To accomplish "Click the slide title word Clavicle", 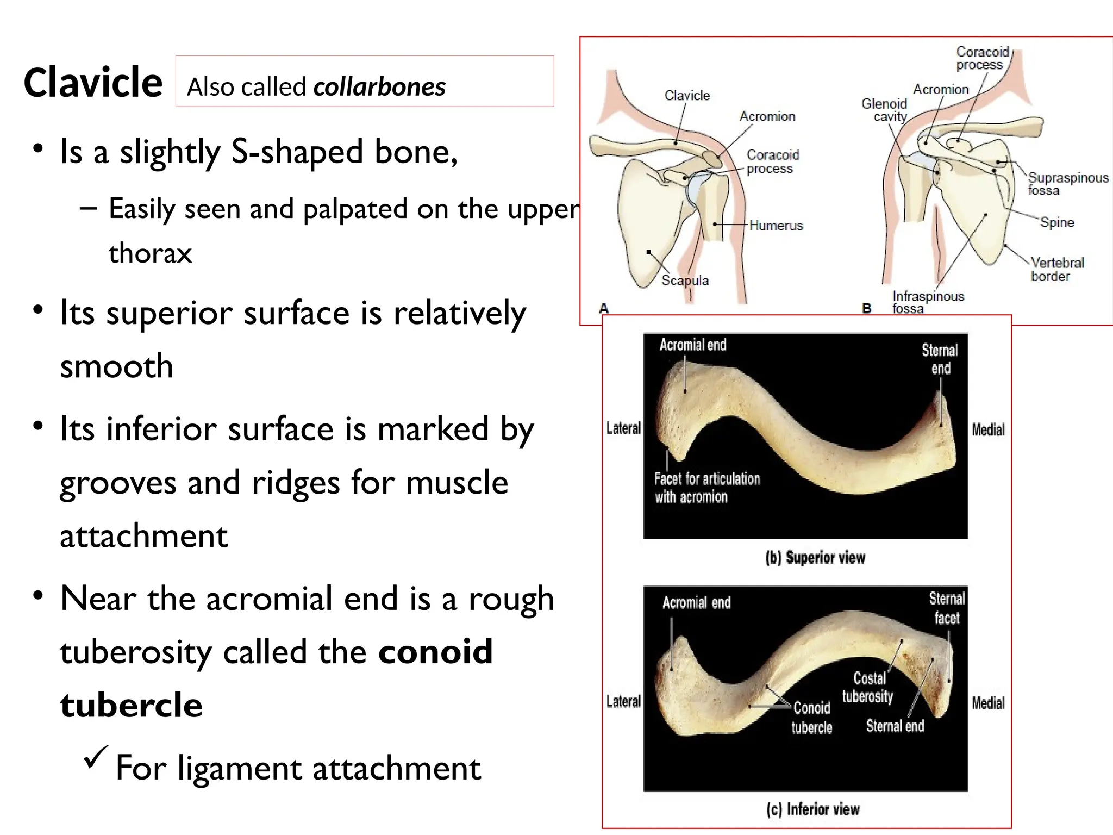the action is (93, 83).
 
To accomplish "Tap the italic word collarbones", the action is (379, 87).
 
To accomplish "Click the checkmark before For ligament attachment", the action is (96, 757).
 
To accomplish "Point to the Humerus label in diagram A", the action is (776, 226).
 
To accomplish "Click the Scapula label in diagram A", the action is (685, 281).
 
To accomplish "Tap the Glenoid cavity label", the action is (884, 110).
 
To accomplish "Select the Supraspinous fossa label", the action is (1067, 184).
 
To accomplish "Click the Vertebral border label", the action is (1057, 270).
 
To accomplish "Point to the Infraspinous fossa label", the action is (928, 302).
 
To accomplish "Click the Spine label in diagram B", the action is (1056, 222).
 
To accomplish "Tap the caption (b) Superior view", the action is (815, 558).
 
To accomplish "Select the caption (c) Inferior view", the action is (813, 809).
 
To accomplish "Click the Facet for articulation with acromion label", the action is (706, 488).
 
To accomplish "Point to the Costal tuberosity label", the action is (868, 687).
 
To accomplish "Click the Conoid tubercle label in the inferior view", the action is (811, 718).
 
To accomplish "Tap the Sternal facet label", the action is (947, 608).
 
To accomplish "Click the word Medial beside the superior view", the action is (988, 430).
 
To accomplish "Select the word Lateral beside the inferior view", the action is (623, 702).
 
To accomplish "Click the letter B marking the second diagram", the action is (866, 309).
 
